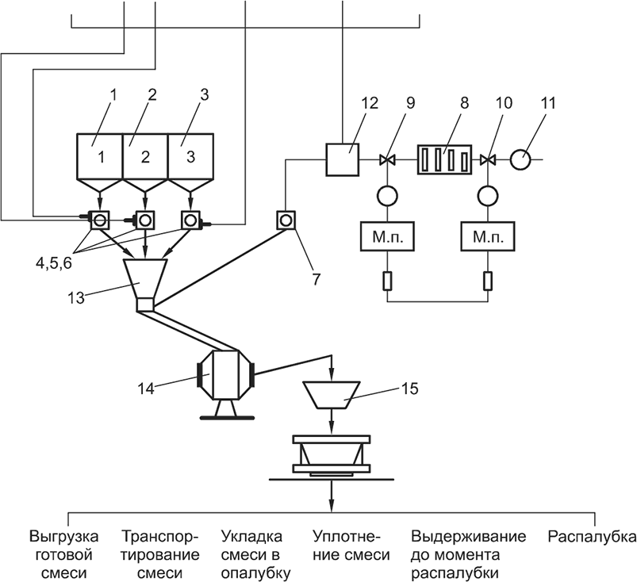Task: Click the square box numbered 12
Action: pyautogui.click(x=342, y=159)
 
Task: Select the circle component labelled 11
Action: pyautogui.click(x=521, y=159)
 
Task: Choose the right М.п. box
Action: pyautogui.click(x=488, y=236)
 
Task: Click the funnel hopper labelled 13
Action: pyautogui.click(x=144, y=278)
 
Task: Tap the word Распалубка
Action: pyautogui.click(x=592, y=537)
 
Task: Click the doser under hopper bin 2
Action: pyautogui.click(x=146, y=219)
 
